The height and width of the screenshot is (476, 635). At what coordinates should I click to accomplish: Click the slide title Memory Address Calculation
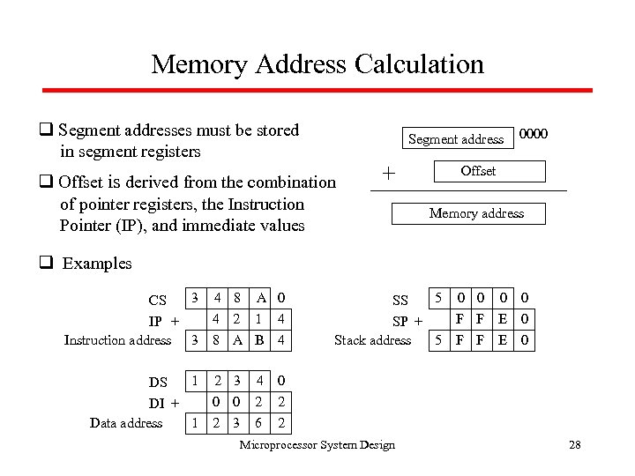[317, 64]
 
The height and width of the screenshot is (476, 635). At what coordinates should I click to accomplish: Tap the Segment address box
[456, 138]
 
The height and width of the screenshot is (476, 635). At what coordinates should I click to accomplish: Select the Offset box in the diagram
[478, 171]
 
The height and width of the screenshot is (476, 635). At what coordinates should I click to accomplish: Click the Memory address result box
[476, 213]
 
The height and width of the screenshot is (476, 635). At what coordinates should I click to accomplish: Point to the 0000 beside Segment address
[534, 135]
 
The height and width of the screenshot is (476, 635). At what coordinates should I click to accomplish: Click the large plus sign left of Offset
[388, 174]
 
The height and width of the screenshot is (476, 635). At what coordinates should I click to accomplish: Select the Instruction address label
[117, 340]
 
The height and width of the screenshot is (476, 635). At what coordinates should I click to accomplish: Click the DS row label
[158, 383]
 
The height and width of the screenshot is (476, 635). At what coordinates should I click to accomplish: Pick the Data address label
[126, 423]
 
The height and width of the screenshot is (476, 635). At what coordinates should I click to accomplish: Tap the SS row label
[400, 301]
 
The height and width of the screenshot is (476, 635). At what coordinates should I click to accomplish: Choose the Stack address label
[372, 340]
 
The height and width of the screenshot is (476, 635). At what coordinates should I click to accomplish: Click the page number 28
[575, 445]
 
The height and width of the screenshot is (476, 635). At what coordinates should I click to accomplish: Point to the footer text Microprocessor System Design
[317, 445]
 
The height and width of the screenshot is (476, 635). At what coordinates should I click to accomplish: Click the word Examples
[97, 264]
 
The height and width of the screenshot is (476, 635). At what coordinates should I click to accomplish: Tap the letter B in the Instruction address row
[259, 339]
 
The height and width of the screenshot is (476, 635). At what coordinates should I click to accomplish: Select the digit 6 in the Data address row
[259, 423]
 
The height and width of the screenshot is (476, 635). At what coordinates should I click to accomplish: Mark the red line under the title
[317, 89]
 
